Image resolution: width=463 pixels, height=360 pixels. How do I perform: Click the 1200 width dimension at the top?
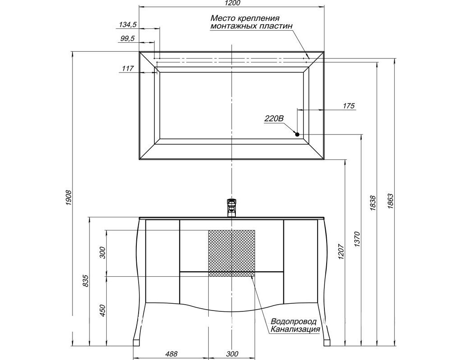click(x=232, y=3)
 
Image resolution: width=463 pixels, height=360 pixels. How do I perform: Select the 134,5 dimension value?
click(x=128, y=25)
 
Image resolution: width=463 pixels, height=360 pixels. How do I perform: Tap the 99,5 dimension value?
click(x=128, y=39)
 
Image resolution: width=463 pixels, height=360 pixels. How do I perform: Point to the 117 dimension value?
click(x=128, y=68)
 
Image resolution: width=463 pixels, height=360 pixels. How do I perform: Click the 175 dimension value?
click(x=349, y=106)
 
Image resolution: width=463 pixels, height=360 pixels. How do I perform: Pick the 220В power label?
click(x=274, y=119)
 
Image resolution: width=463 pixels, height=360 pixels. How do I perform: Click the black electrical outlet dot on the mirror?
click(x=297, y=135)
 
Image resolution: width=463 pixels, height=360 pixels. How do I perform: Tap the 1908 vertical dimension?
click(x=68, y=198)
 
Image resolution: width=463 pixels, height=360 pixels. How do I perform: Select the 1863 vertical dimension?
click(x=391, y=202)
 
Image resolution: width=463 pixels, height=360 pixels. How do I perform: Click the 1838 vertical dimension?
click(x=373, y=203)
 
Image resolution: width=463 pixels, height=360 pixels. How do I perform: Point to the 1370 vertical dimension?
click(x=357, y=239)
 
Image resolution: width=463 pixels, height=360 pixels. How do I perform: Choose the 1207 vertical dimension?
click(x=341, y=252)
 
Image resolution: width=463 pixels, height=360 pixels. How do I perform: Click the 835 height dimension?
click(x=85, y=281)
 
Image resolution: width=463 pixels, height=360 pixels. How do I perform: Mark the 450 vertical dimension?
click(x=103, y=310)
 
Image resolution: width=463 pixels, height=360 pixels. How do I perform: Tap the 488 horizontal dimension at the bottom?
click(x=171, y=354)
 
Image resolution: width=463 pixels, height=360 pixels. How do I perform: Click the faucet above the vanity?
click(x=232, y=208)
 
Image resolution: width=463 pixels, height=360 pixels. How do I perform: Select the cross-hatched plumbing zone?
click(x=231, y=253)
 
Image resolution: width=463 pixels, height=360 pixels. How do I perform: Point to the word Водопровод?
click(x=293, y=321)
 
